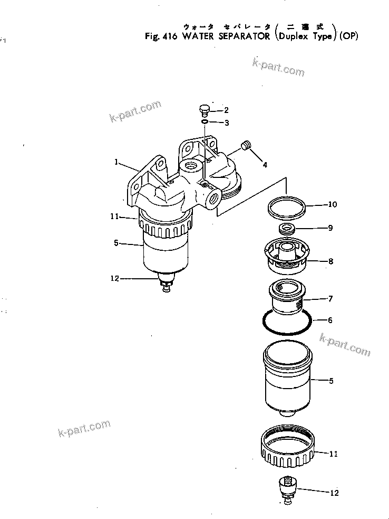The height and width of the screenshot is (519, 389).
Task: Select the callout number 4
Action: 265,165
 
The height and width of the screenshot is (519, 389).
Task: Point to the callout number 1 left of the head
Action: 116,162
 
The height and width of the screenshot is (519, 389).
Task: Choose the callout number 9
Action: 330,228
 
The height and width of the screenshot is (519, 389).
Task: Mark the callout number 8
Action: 330,261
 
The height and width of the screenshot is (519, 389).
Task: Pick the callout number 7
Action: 330,299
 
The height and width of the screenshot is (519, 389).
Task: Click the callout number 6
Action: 330,320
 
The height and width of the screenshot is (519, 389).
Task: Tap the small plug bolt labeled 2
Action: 203,110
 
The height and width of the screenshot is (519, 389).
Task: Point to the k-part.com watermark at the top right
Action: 278,68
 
